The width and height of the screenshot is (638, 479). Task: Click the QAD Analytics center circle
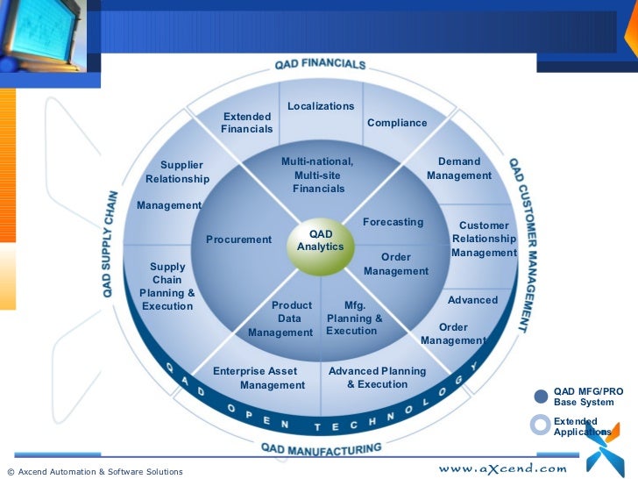pos(321,241)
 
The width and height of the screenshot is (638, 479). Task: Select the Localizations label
pos(321,106)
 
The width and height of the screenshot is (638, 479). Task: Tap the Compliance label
pos(397,123)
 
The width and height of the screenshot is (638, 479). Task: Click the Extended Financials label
pos(247,123)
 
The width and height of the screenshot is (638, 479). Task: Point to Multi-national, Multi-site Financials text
pos(318,175)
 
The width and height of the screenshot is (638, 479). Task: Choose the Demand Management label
pos(459,168)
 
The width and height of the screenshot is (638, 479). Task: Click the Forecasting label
pos(393,222)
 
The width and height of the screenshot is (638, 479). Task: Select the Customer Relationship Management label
pos(484,239)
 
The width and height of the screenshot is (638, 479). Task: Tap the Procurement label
pos(239,239)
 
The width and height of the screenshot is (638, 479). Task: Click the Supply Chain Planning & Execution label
pos(167,286)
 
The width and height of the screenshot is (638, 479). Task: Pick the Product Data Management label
pos(281,319)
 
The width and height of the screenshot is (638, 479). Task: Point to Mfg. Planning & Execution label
pos(354,318)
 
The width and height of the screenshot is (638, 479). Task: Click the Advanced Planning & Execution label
pos(377,377)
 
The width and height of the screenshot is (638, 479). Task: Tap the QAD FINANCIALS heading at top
pos(320,64)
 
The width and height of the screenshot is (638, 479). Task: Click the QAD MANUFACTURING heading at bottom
pos(322,449)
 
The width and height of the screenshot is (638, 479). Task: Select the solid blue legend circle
pos(541,397)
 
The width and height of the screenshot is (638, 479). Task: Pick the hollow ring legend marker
pos(541,425)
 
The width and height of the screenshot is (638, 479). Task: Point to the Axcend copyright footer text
pos(95,472)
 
